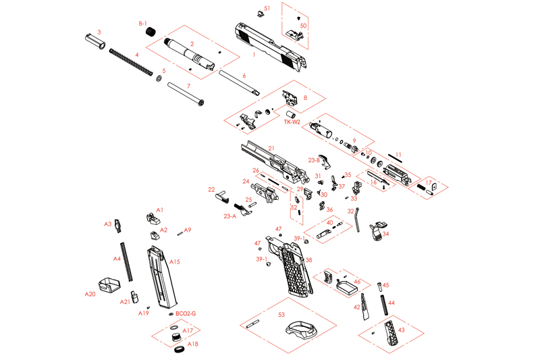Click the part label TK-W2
[x=292, y=122]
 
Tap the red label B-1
[x=143, y=24]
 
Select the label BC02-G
[x=186, y=314]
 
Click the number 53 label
[x=281, y=314]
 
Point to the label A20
[x=90, y=294]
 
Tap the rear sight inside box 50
[x=294, y=31]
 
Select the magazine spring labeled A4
[x=125, y=259]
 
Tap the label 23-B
[x=314, y=160]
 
